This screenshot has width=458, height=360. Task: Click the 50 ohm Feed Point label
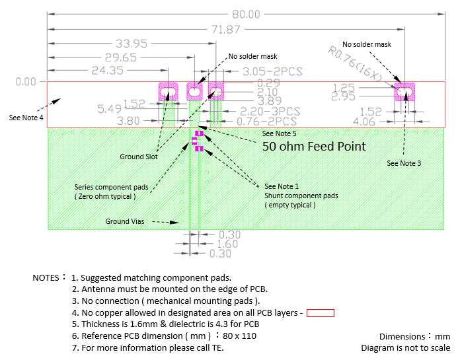tap(314, 146)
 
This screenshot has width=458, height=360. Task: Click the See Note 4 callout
tap(26, 118)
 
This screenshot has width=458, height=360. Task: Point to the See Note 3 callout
tap(404, 162)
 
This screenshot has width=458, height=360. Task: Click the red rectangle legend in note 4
tap(320, 313)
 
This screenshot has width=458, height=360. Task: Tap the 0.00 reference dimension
tap(25, 82)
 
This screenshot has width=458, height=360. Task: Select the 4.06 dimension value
tap(365, 122)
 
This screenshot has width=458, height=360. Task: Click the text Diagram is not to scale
tap(404, 347)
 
